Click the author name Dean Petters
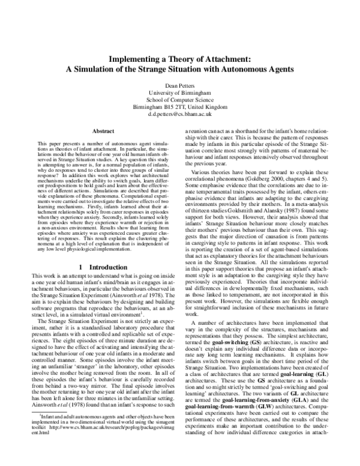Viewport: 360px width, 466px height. tap(179, 85)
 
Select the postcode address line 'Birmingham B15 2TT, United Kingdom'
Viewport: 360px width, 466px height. tap(179, 107)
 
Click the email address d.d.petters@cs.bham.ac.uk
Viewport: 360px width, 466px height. tap(179, 114)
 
